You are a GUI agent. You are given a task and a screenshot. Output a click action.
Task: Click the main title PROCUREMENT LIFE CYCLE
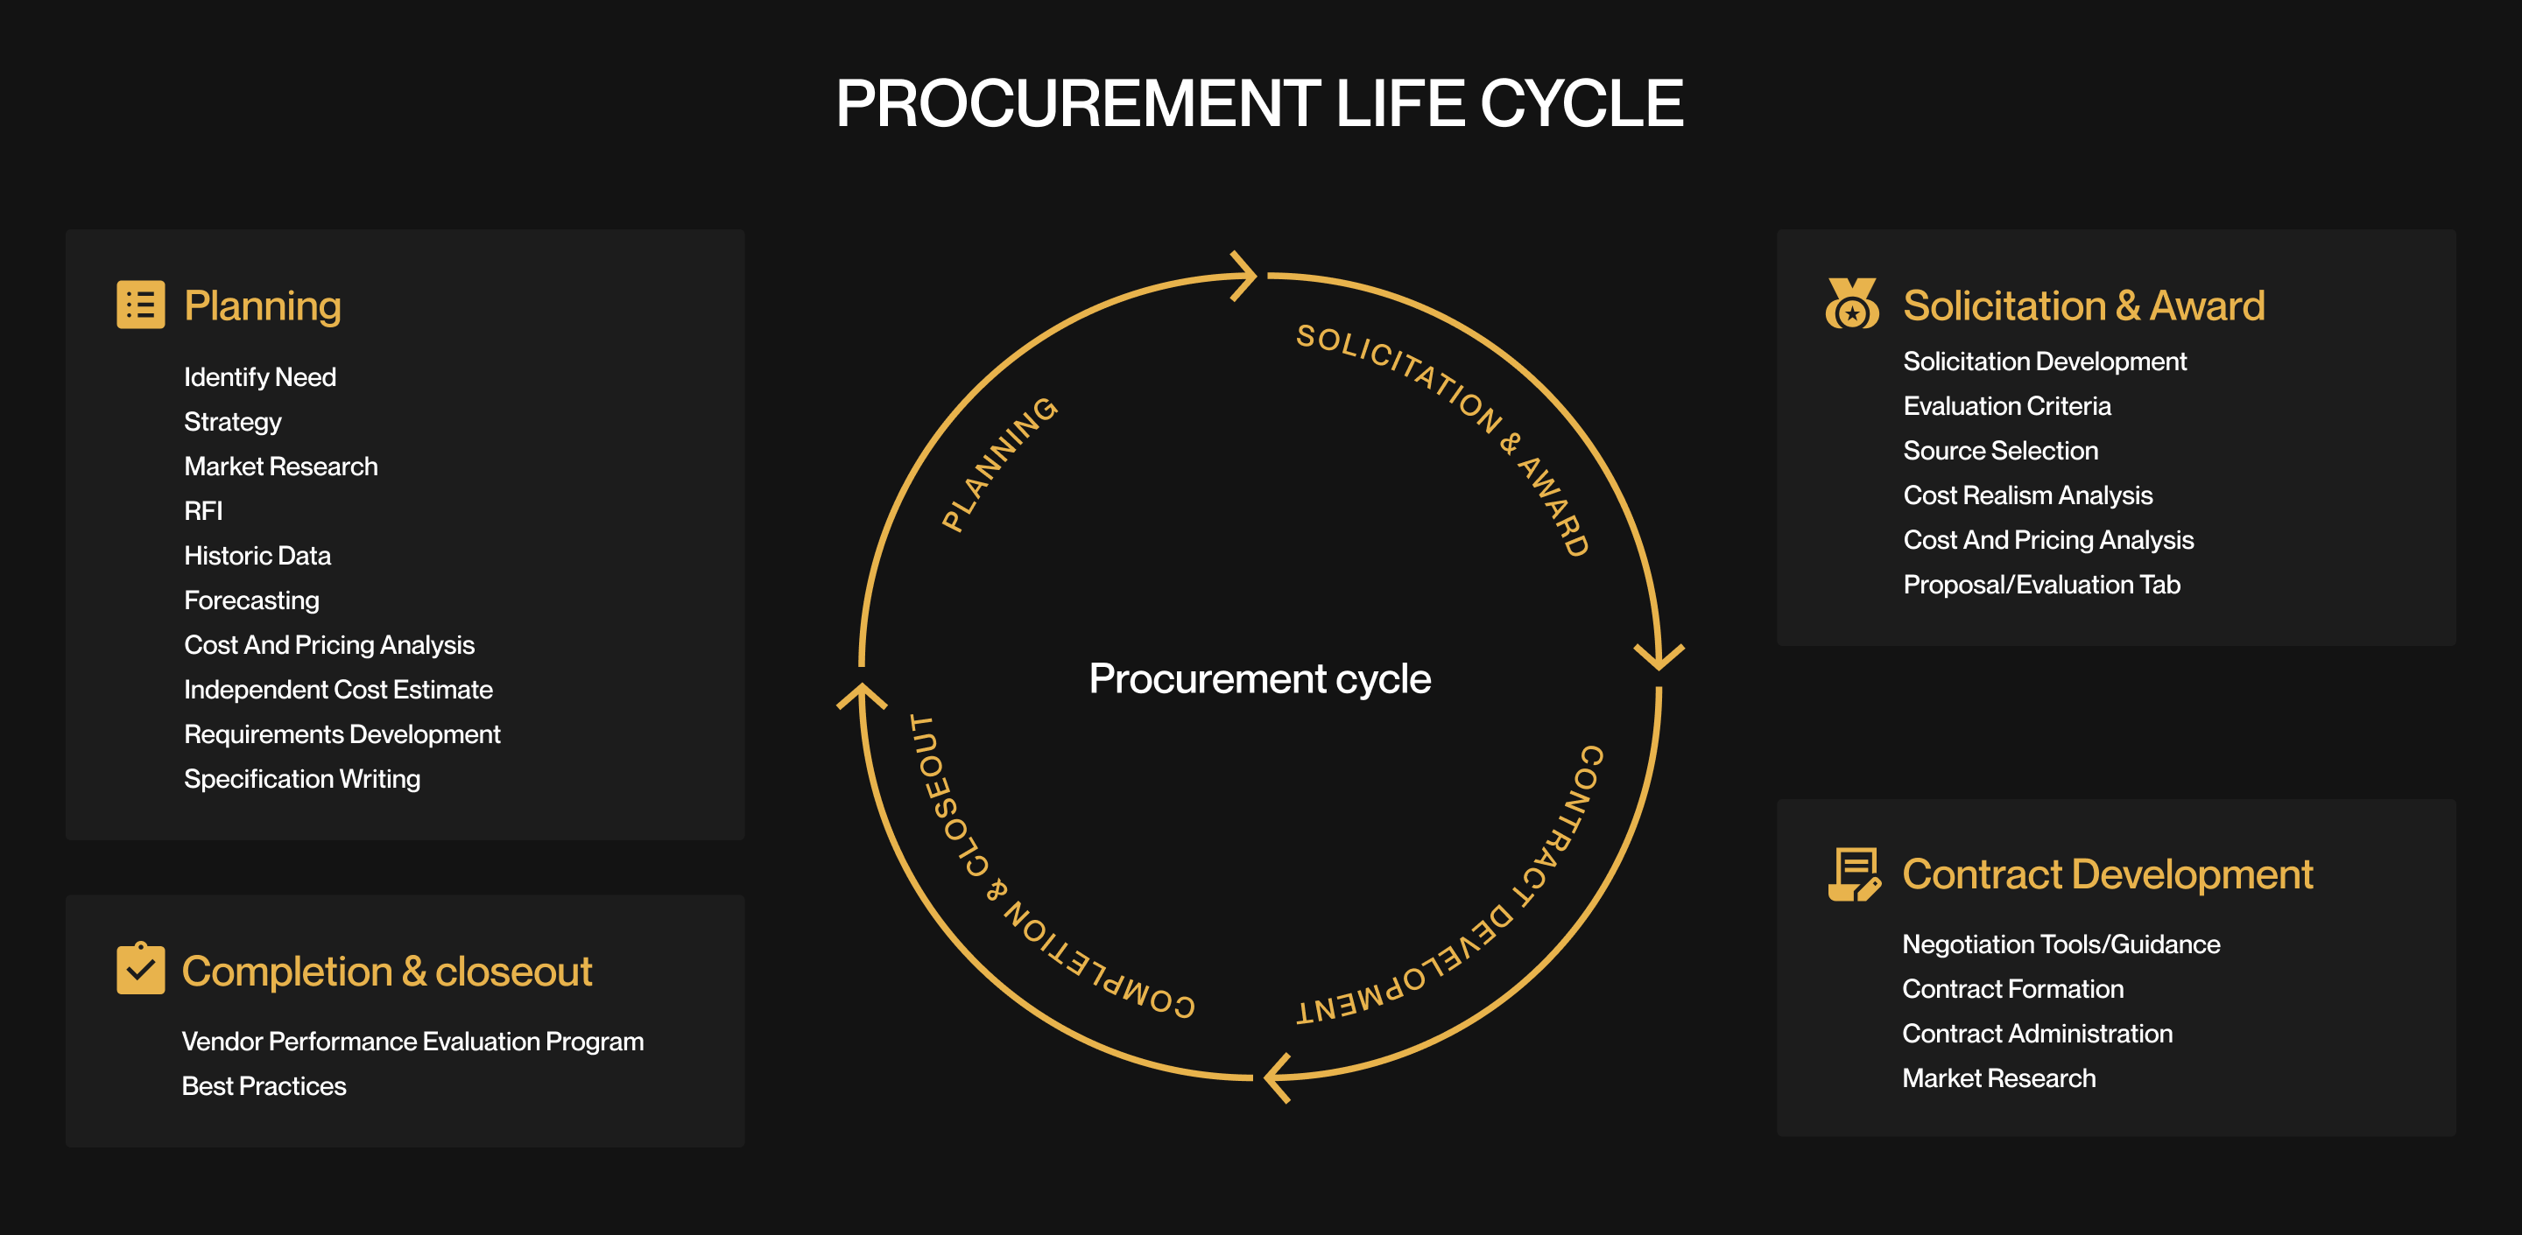1259,104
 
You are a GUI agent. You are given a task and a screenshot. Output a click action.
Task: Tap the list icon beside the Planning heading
140,305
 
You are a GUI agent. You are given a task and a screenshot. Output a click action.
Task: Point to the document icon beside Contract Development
1852,874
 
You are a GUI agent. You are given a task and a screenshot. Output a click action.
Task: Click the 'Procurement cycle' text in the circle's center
1259,678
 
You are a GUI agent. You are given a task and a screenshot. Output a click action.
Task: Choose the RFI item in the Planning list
202,511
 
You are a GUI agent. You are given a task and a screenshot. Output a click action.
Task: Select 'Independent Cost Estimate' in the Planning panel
338,690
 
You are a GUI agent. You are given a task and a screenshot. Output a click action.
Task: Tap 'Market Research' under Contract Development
1998,1078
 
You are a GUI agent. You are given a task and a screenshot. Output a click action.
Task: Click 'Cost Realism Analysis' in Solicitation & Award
2026,495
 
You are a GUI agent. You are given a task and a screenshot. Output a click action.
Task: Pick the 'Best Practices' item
264,1086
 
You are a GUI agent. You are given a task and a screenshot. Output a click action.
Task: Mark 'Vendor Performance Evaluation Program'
412,1042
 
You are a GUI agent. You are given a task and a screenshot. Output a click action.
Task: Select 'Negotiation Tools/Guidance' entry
2060,944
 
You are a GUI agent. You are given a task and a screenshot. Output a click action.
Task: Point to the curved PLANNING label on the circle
998,464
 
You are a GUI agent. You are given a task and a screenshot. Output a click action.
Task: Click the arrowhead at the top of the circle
1243,276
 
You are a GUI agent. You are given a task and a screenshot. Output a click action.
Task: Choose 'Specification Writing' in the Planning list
301,779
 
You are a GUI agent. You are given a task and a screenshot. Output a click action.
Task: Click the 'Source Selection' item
1999,451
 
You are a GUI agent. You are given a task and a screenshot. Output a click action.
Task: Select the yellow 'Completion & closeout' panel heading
387,972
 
